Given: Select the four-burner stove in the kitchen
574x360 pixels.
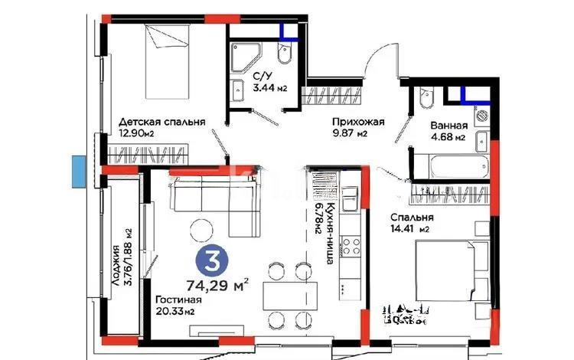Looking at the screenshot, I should [x=351, y=247].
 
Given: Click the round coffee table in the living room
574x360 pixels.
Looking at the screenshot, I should [x=203, y=229].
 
